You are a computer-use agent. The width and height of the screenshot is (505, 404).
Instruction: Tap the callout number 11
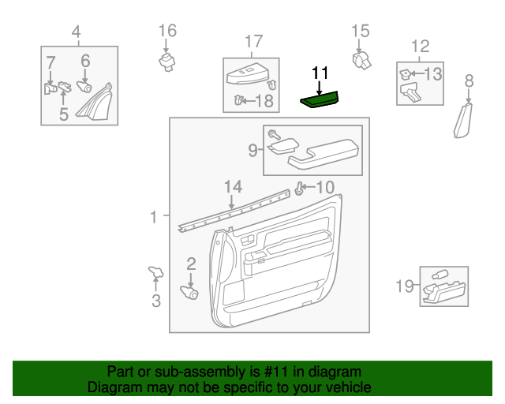[320, 73]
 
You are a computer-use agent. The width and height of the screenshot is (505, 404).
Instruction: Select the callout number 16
[167, 32]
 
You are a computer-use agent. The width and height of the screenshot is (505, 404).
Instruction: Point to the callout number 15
[360, 32]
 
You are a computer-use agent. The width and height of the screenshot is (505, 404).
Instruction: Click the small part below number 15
[363, 58]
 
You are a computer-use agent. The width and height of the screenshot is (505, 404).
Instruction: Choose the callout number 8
[469, 80]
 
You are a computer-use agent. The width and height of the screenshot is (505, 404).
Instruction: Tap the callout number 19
[404, 286]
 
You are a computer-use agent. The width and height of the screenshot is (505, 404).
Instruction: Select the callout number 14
[232, 187]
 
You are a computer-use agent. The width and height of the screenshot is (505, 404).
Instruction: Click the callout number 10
[325, 188]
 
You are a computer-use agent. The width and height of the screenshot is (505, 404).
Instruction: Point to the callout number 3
[155, 300]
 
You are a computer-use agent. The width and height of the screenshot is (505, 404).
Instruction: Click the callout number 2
[191, 264]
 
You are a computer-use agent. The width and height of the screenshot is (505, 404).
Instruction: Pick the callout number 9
[253, 149]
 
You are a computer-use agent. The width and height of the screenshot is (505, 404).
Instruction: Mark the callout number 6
[85, 60]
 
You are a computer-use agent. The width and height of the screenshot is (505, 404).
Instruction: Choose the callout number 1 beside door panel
[155, 215]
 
